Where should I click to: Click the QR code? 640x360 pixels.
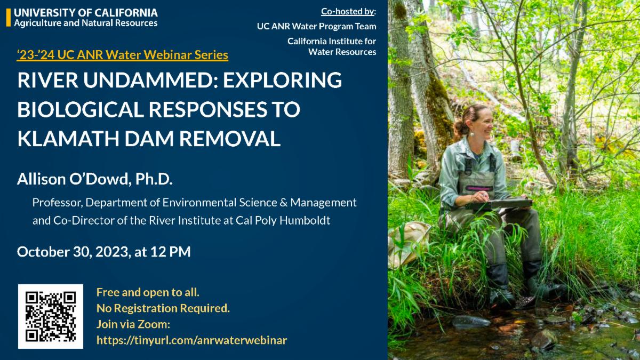click(51, 316)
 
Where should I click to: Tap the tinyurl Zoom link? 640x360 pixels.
click(191, 340)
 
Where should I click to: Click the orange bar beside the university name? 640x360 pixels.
click(9, 18)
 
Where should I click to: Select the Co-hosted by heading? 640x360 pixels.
click(349, 11)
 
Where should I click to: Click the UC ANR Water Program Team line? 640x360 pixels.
click(317, 26)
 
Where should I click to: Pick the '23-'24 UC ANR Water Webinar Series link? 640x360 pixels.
click(123, 54)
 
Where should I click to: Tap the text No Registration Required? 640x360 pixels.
click(163, 308)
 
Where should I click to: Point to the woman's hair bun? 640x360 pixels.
click(459, 127)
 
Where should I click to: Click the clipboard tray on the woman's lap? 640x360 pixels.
click(499, 204)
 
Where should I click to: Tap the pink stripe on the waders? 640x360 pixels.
click(479, 188)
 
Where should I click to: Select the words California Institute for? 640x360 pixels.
click(332, 41)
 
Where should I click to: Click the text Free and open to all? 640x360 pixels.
click(148, 292)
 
